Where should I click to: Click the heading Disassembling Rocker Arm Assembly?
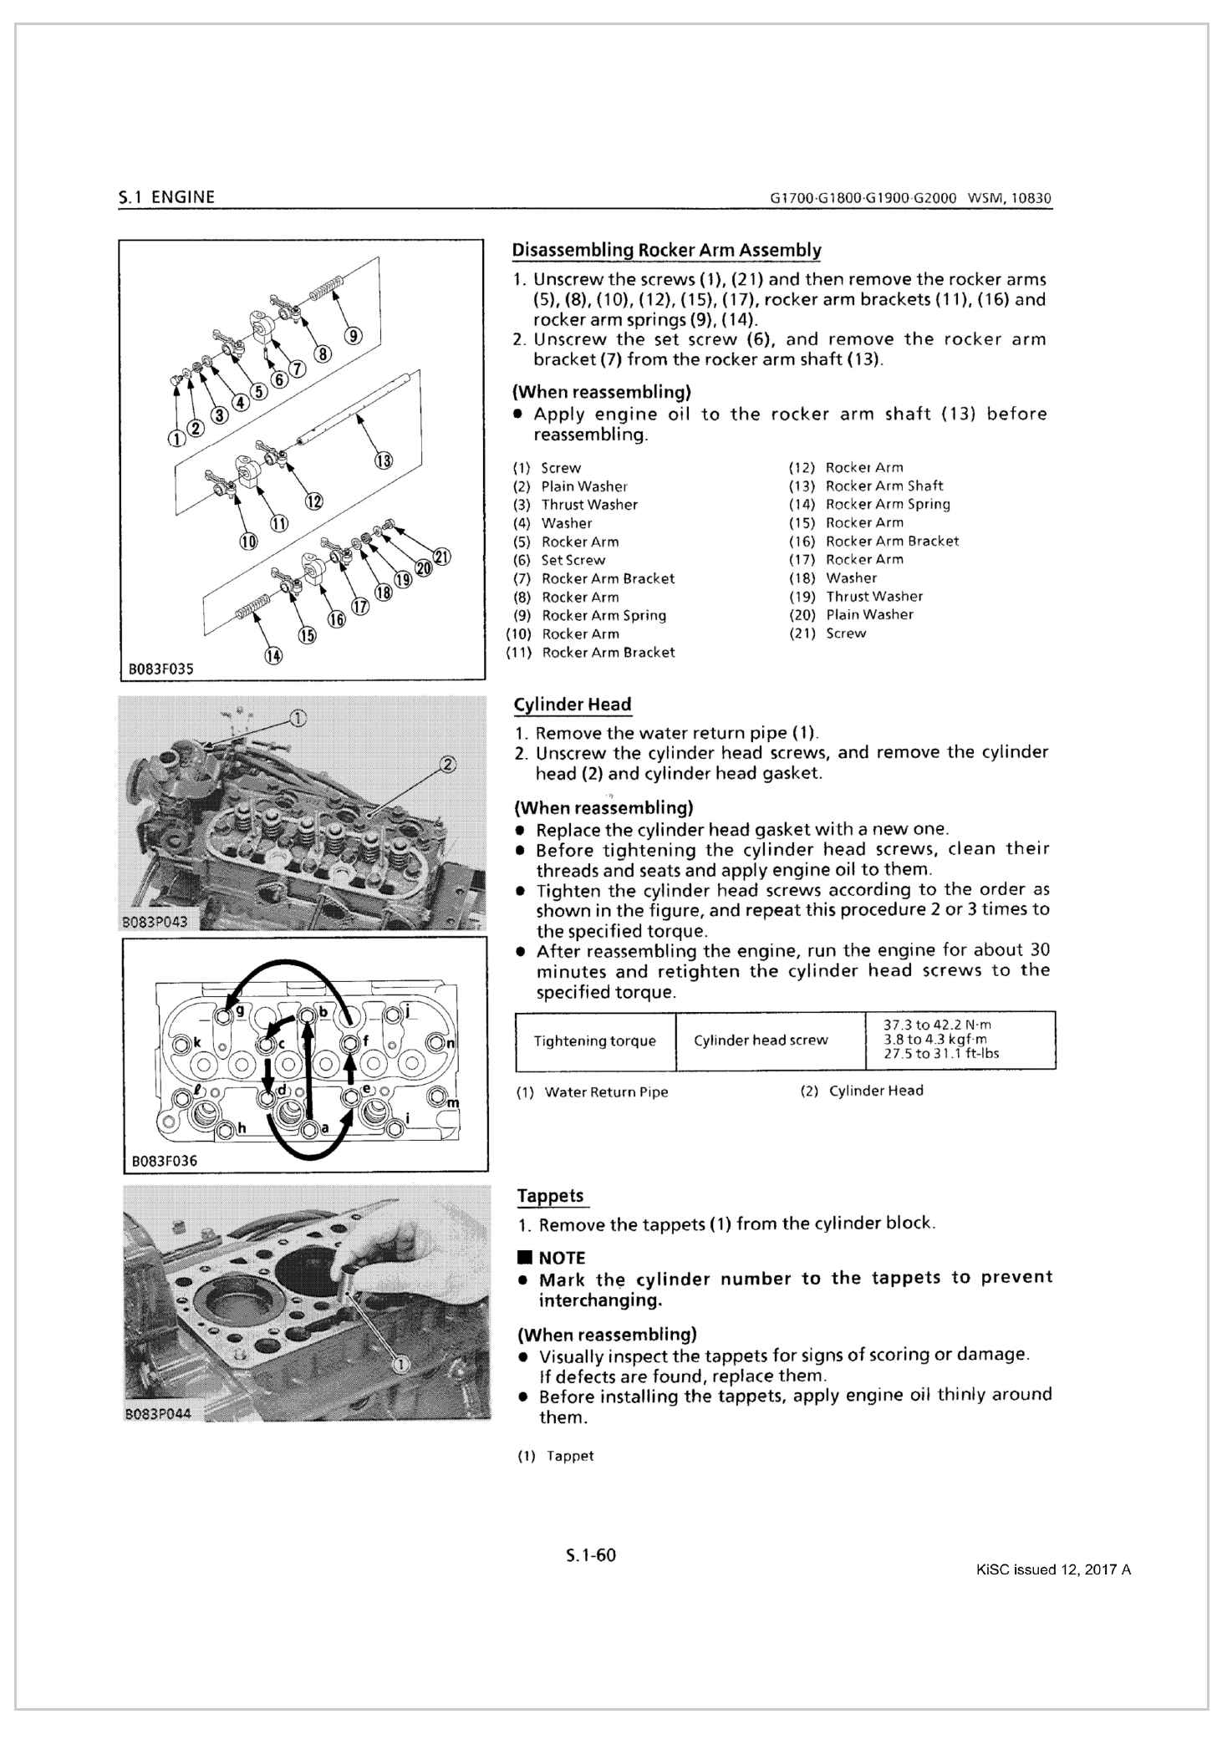(666, 250)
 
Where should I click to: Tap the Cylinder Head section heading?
(573, 705)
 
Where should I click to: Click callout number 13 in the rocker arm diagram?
(383, 460)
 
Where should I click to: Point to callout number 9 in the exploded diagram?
(354, 336)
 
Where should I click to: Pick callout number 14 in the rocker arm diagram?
(273, 656)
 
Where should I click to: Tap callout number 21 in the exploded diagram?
(442, 557)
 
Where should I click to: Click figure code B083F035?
(160, 669)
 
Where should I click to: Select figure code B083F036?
(164, 1160)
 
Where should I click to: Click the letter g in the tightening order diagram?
(240, 1009)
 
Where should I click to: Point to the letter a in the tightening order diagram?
(325, 1128)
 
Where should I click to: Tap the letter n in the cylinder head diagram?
(451, 1043)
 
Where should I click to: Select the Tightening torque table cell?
(594, 1040)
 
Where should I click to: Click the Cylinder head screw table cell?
(761, 1040)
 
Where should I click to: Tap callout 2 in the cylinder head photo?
(447, 764)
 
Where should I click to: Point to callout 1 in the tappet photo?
(401, 1365)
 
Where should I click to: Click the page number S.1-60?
(590, 1555)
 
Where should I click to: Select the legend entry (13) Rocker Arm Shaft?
(866, 486)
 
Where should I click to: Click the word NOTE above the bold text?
(561, 1258)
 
